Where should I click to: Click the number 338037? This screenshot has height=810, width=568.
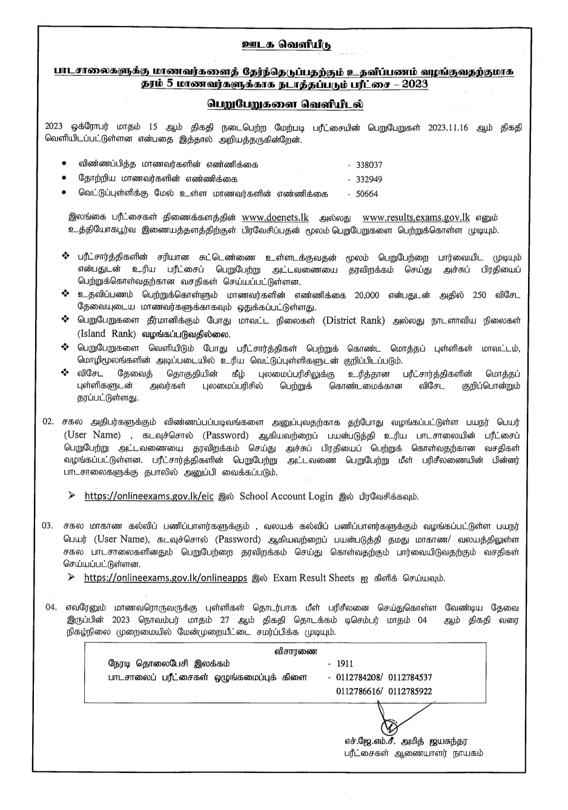(x=369, y=164)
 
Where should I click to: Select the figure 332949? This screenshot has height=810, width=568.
(x=369, y=179)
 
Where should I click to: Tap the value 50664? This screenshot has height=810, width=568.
(x=367, y=194)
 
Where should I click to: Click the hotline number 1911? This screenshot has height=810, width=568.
(x=345, y=664)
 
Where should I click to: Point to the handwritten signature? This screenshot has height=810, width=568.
(x=388, y=722)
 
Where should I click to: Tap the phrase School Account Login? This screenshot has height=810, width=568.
(x=286, y=496)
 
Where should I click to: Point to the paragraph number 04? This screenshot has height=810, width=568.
(x=52, y=607)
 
